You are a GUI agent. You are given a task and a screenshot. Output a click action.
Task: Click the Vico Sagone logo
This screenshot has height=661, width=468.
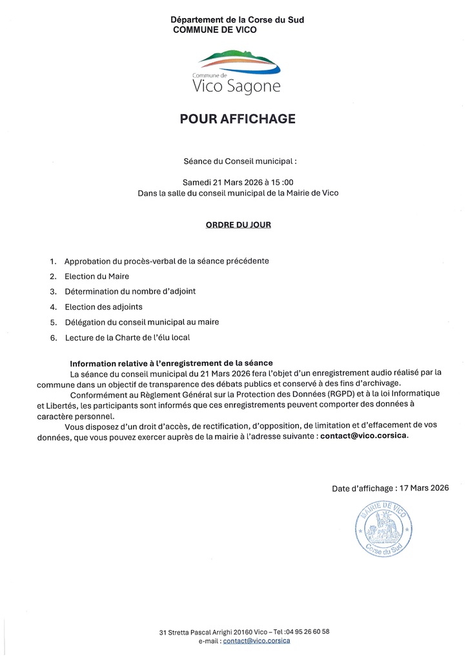point(238,72)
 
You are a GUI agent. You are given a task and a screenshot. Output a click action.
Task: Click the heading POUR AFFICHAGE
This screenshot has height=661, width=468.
point(238,119)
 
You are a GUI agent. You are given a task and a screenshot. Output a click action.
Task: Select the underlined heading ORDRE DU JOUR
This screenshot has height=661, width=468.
point(238,225)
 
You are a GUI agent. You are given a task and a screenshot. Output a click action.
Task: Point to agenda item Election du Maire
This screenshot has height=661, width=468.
point(97,276)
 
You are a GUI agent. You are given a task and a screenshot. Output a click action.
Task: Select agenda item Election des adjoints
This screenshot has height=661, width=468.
point(103,307)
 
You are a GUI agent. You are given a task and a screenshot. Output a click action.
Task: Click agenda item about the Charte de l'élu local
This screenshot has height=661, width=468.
point(127,337)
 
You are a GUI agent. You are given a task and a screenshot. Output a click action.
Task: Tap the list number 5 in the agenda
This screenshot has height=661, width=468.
point(53,322)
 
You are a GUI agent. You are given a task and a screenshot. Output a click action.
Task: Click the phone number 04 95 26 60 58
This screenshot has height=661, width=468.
point(308,631)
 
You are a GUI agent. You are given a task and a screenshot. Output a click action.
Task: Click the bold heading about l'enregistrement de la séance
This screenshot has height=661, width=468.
point(171,364)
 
